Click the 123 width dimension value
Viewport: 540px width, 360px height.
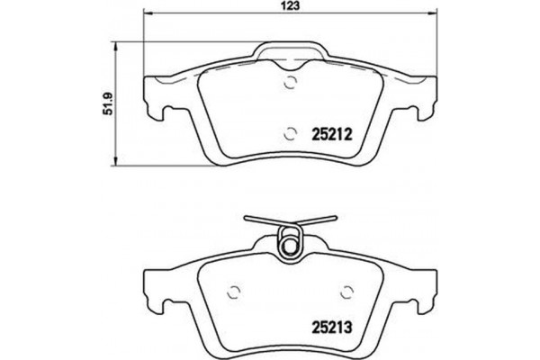[x=290, y=6]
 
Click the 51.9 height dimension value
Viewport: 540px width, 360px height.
[x=106, y=106]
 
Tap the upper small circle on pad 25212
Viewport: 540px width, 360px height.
[x=290, y=86]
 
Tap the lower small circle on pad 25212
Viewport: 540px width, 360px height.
[x=290, y=134]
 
